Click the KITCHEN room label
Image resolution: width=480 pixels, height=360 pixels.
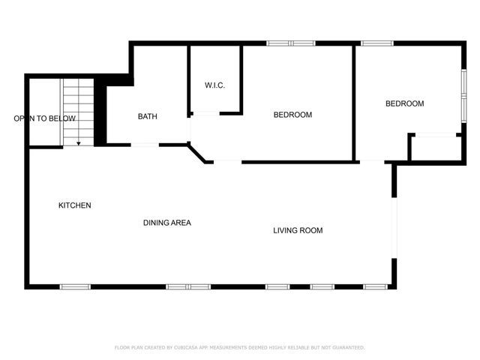75,205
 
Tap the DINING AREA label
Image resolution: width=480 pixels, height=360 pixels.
167,223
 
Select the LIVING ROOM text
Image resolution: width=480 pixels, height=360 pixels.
298,230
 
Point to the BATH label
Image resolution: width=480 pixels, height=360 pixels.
147,116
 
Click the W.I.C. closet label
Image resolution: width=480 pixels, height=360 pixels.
215,85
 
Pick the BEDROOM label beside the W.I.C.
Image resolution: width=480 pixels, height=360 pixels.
292,115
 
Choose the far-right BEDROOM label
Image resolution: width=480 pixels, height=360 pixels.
405,103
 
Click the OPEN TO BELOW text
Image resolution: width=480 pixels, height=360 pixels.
44,118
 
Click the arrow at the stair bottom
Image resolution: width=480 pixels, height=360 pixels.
78,142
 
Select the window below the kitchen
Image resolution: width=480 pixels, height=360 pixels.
75,286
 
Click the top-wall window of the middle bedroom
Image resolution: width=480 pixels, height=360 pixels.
291,43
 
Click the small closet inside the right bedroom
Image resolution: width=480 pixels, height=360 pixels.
436,147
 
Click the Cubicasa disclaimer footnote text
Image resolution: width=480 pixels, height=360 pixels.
239,347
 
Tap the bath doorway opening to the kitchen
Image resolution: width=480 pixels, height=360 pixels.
145,144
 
